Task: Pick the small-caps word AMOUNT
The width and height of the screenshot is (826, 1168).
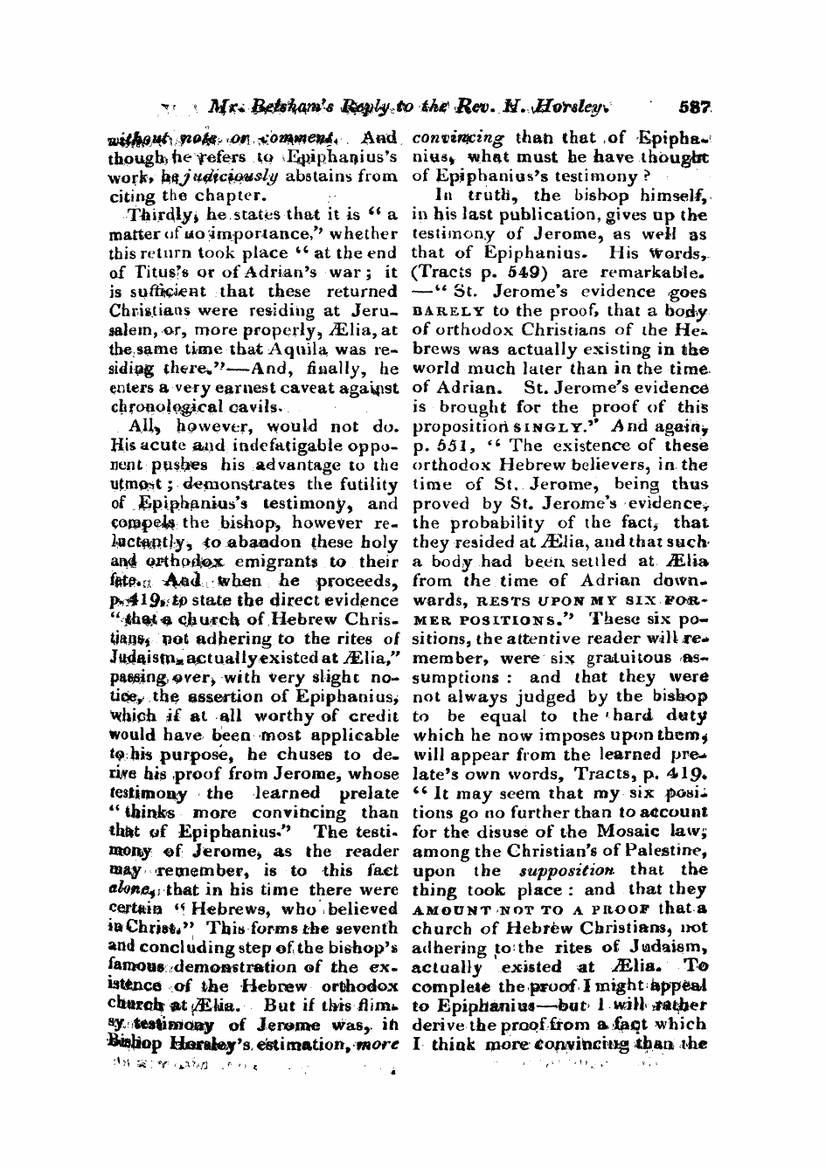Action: [451, 909]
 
